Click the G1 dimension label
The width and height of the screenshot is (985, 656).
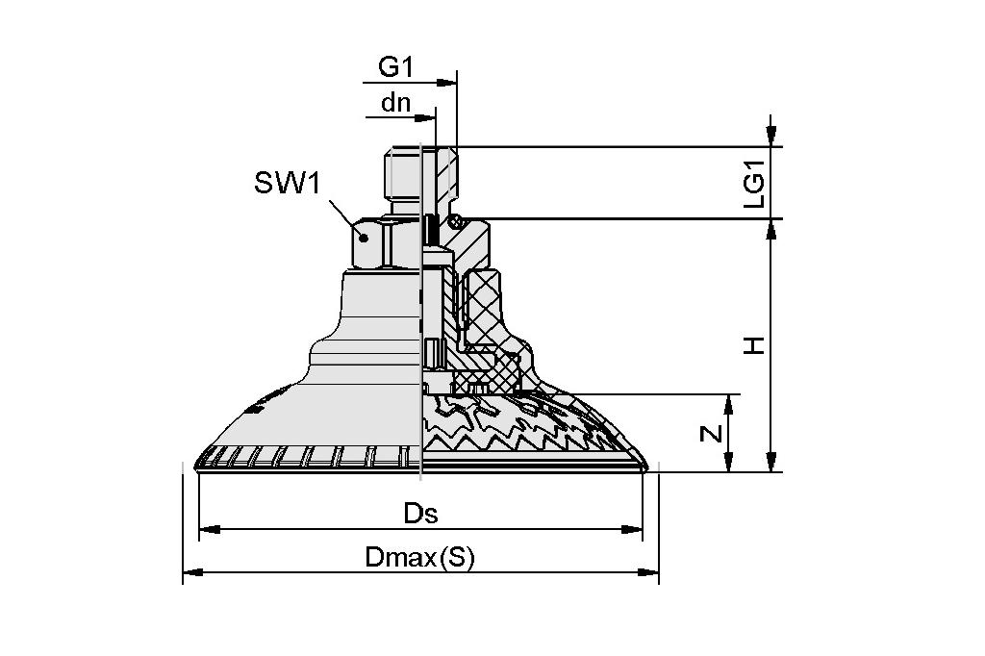pyautogui.click(x=394, y=66)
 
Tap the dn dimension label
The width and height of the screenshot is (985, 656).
pyautogui.click(x=395, y=103)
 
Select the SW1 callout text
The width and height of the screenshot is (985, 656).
pyautogui.click(x=286, y=183)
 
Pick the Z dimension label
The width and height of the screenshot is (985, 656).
pyautogui.click(x=711, y=434)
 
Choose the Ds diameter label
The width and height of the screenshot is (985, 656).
pyautogui.click(x=420, y=514)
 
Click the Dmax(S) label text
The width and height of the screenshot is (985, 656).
pyautogui.click(x=420, y=558)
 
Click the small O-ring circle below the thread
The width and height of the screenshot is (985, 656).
pyautogui.click(x=460, y=216)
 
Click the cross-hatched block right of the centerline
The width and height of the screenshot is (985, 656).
pyautogui.click(x=481, y=308)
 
